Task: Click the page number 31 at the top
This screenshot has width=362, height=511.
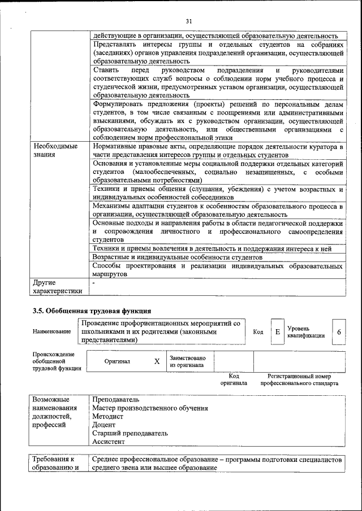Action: pyautogui.click(x=189, y=21)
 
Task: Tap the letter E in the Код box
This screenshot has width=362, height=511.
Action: pyautogui.click(x=277, y=332)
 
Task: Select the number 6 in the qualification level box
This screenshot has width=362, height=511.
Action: pyautogui.click(x=339, y=332)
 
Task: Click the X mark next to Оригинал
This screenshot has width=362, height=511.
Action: pyautogui.click(x=157, y=361)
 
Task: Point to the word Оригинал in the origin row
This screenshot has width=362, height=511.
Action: pyautogui.click(x=117, y=361)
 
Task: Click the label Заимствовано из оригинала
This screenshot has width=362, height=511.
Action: pyautogui.click(x=188, y=361)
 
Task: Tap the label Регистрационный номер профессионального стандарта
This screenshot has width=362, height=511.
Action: pyautogui.click(x=299, y=379)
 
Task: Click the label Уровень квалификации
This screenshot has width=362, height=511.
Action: pyautogui.click(x=305, y=332)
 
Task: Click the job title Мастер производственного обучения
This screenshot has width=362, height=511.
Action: pyautogui.click(x=150, y=408)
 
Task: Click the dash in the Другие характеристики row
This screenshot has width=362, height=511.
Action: pyautogui.click(x=93, y=282)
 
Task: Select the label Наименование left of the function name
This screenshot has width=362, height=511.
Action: pyautogui.click(x=52, y=332)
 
